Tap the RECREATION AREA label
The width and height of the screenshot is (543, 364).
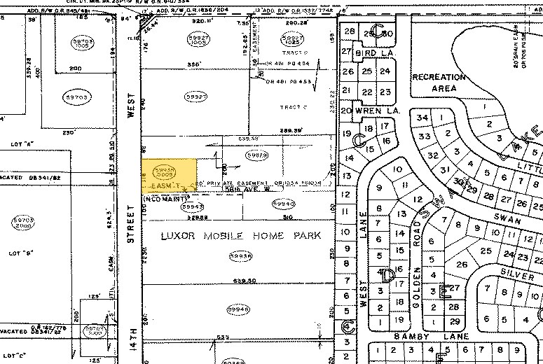[439, 83]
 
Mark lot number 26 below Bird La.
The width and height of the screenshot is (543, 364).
[348, 71]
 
